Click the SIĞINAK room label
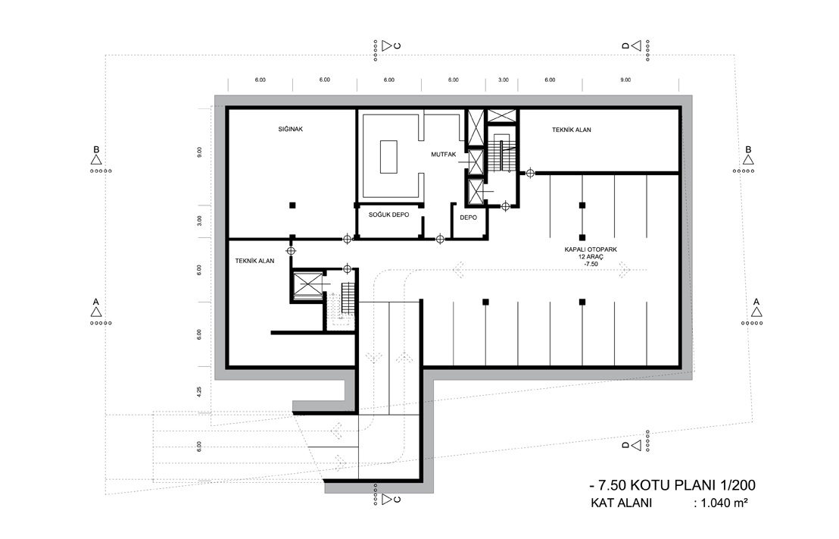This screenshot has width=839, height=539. [x=291, y=129]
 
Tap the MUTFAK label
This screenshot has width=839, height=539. [x=444, y=155]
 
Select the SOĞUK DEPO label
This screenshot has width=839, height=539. [x=389, y=215]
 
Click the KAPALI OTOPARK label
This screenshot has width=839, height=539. [x=591, y=249]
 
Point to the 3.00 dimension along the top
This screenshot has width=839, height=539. [x=504, y=80]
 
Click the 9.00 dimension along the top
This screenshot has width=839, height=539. [x=625, y=80]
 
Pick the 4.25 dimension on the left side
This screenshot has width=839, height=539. [x=199, y=392]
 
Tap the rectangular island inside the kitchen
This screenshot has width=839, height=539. [x=388, y=156]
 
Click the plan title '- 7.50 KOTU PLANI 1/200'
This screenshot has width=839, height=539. [x=672, y=485]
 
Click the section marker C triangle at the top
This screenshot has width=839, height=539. [x=386, y=45]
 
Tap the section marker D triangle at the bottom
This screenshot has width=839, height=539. [x=635, y=445]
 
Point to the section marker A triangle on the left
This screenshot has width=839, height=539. [x=95, y=312]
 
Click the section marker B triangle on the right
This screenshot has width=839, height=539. [x=748, y=160]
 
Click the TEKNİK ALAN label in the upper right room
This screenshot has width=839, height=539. [x=572, y=130]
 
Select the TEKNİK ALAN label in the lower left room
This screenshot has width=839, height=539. [x=254, y=261]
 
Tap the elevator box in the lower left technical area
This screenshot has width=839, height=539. [x=307, y=284]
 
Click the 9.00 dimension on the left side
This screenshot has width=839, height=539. [x=199, y=152]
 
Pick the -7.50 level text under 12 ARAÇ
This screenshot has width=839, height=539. [x=591, y=264]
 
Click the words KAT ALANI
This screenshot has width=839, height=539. [x=621, y=503]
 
